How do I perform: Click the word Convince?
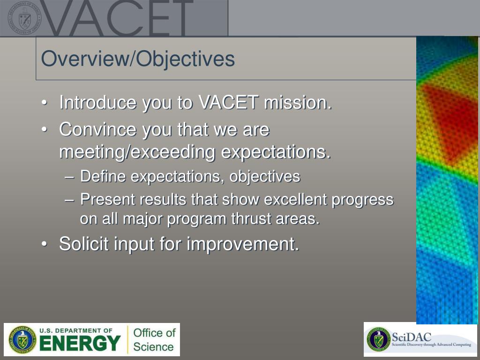click(97, 129)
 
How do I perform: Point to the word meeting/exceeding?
click(137, 152)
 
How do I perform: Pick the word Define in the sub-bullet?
click(103, 176)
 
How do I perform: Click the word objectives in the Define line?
click(265, 177)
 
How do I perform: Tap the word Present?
click(108, 199)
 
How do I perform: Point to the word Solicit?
click(84, 244)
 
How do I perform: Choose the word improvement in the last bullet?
click(243, 244)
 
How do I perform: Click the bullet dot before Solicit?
click(45, 244)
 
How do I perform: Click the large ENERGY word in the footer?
click(80, 343)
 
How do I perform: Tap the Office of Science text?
click(154, 340)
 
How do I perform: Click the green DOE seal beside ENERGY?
click(22, 340)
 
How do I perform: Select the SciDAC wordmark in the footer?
click(411, 337)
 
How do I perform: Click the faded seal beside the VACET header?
click(24, 18)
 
